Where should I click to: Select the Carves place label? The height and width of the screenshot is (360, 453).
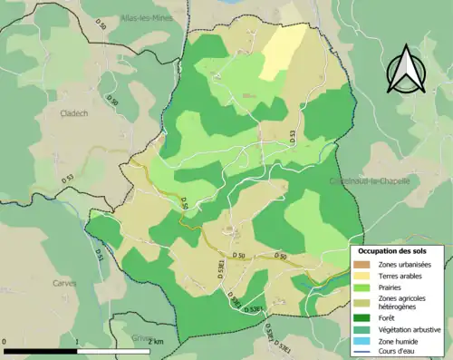click(64, 282)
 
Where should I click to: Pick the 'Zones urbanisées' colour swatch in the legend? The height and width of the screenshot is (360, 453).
click(362, 264)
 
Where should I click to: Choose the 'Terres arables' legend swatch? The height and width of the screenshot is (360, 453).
click(362, 276)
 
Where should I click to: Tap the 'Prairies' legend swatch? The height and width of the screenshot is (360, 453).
click(362, 287)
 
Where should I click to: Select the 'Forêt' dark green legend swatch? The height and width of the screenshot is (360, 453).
click(362, 316)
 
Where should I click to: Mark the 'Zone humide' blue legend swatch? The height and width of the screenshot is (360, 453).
click(362, 340)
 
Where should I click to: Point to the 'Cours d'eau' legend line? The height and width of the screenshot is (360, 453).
click(362, 351)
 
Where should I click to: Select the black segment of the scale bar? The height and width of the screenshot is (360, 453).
click(41, 350)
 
